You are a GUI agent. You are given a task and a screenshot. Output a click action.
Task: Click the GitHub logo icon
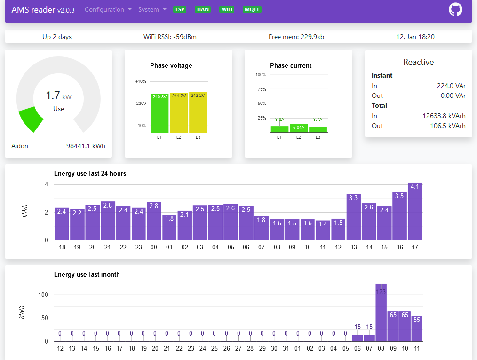coord(455,10)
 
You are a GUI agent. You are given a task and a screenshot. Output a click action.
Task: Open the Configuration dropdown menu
coord(108,10)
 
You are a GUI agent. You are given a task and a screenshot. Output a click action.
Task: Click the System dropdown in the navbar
coord(152,10)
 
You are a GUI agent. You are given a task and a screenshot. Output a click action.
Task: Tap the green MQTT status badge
coord(252,9)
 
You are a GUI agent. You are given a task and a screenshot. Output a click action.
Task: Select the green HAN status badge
coord(203,9)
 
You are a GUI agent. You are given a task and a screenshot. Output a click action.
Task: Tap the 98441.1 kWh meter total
coord(86,146)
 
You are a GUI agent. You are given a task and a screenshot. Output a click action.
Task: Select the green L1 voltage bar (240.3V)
coord(159,113)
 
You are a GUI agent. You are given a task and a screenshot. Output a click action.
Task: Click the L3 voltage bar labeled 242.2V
coord(198,112)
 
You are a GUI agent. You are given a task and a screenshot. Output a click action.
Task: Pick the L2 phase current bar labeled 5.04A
coord(299,128)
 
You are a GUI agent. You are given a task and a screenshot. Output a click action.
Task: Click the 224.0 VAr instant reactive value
coord(451,86)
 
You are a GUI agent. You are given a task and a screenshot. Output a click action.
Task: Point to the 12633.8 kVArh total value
coord(444,116)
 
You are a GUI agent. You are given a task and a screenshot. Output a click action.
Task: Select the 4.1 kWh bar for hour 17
coord(415,211)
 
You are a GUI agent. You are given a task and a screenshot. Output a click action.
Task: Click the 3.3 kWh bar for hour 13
coord(353,217)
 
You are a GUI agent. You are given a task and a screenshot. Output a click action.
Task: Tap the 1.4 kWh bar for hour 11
coord(323,230)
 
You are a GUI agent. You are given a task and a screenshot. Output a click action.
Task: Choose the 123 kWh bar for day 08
coord(381,312)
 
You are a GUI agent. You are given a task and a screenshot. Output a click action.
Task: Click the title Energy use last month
coord(87,274)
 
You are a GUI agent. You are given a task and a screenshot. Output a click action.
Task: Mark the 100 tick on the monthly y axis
coord(43,295)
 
